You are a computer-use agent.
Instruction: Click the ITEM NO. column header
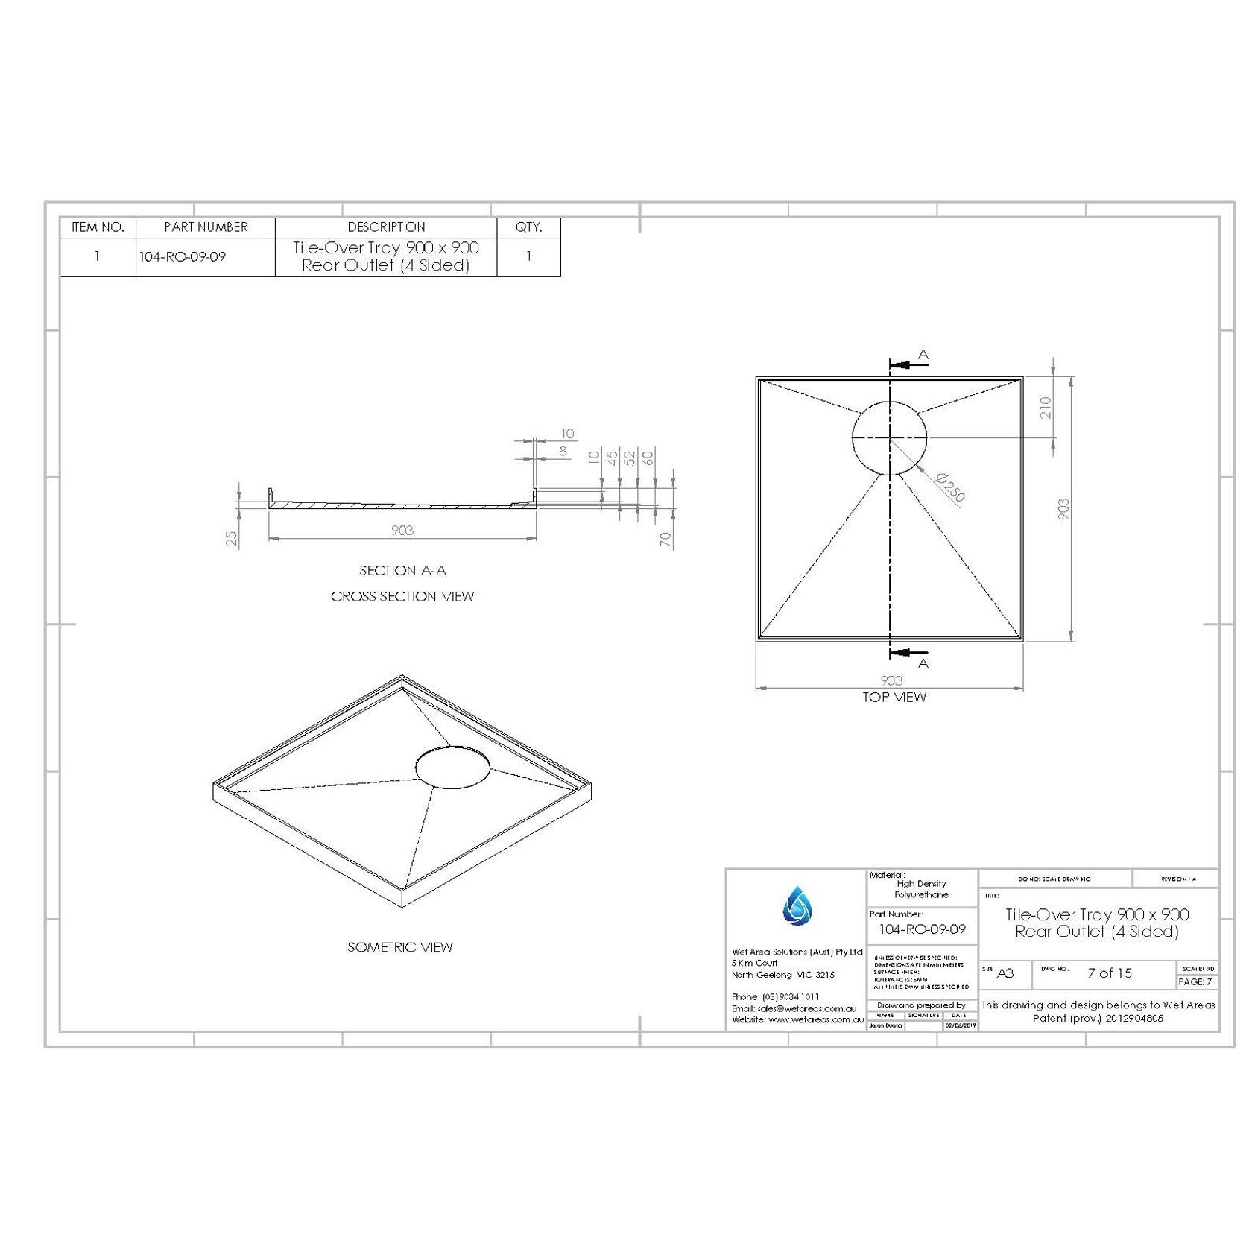pyautogui.click(x=98, y=227)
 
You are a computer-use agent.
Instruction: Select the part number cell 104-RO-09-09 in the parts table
pyautogui.click(x=183, y=257)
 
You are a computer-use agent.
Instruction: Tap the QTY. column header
pyautogui.click(x=528, y=227)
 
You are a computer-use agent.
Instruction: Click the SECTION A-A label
pyautogui.click(x=402, y=571)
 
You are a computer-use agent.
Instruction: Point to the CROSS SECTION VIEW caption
pyautogui.click(x=402, y=597)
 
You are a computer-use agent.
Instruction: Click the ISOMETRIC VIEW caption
pyautogui.click(x=399, y=947)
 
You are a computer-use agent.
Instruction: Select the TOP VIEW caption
pyautogui.click(x=894, y=698)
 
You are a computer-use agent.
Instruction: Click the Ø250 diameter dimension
pyautogui.click(x=949, y=487)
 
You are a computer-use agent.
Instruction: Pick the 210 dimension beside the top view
pyautogui.click(x=1046, y=408)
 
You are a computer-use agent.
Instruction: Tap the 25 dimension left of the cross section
pyautogui.click(x=233, y=537)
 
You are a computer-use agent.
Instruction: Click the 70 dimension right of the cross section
pyautogui.click(x=666, y=539)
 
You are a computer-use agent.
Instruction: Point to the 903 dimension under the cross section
pyautogui.click(x=402, y=531)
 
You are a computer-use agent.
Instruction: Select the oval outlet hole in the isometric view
pyautogui.click(x=452, y=767)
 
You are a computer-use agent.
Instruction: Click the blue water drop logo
pyautogui.click(x=797, y=905)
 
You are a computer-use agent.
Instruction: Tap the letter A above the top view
pyautogui.click(x=923, y=355)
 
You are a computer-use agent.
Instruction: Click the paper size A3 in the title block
pyautogui.click(x=1005, y=973)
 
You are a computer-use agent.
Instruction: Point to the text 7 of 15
pyautogui.click(x=1109, y=973)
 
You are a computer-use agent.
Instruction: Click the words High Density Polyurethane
pyautogui.click(x=921, y=889)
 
